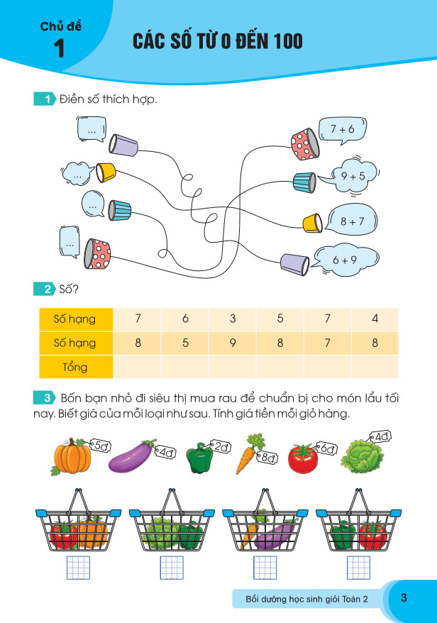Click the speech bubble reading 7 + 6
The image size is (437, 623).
point(342,129)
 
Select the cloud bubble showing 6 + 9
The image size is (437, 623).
point(344,260)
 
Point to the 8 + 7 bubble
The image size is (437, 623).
point(351,221)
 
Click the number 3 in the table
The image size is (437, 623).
point(233,319)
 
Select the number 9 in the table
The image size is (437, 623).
point(233,343)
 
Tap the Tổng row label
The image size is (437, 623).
point(74,367)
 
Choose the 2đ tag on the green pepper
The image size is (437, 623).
point(221,446)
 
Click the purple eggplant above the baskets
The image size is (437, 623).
point(135,460)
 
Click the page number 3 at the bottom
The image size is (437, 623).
point(404,597)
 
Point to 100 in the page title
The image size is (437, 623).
point(281,43)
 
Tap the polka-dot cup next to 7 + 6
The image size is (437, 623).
point(303,144)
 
